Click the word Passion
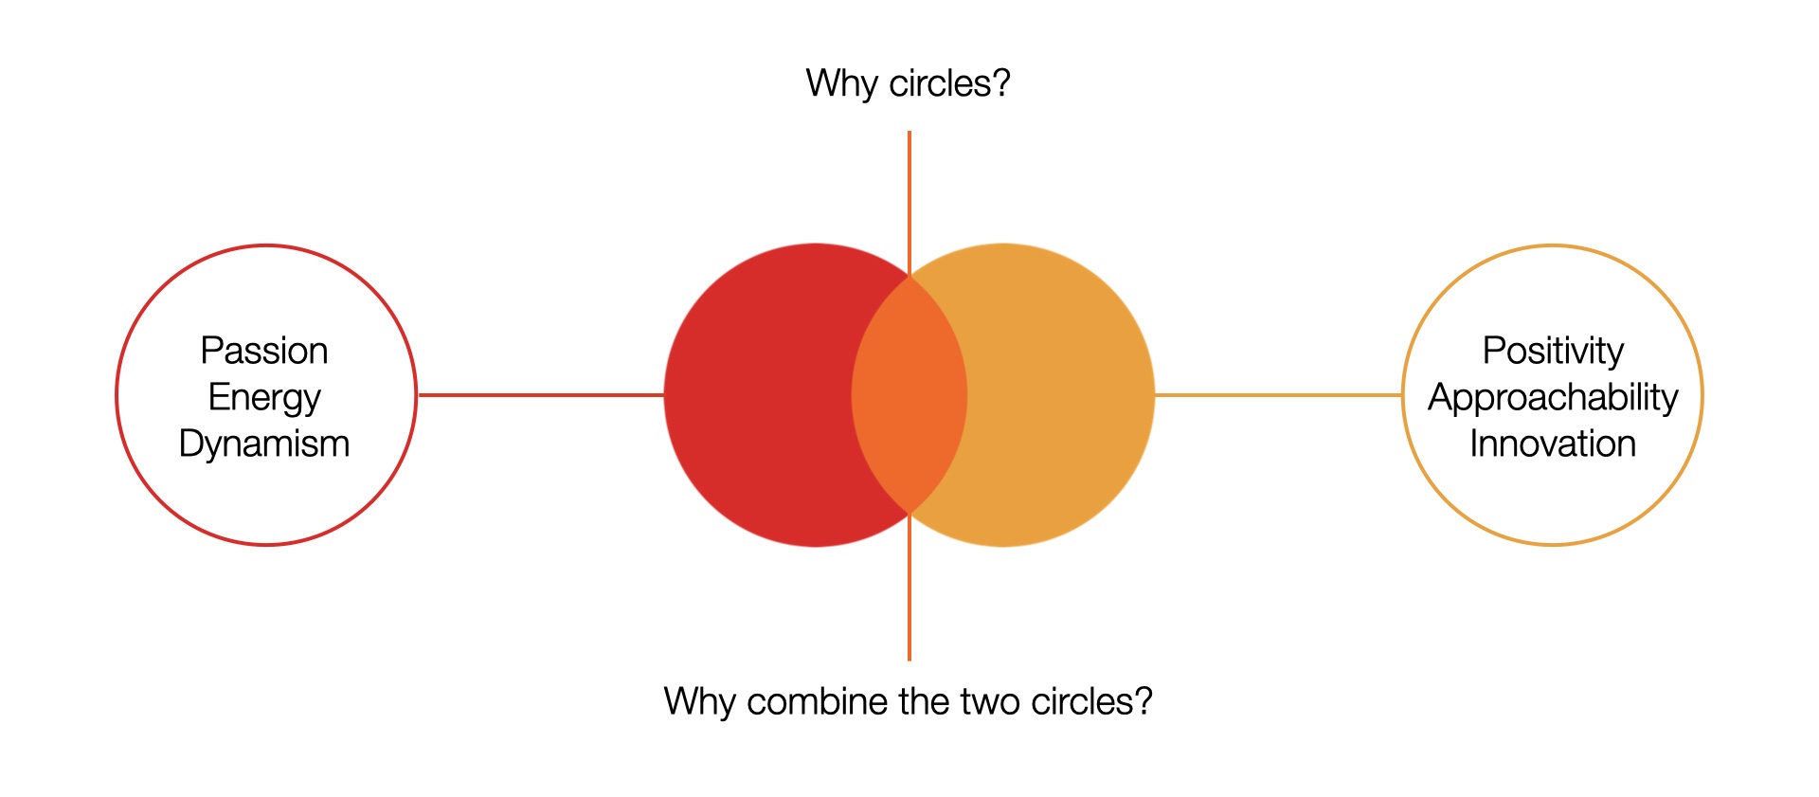[x=264, y=351]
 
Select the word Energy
[x=264, y=397]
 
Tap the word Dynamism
[x=264, y=444]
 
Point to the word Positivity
[x=1553, y=351]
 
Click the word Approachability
[x=1553, y=397]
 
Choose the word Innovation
[x=1553, y=444]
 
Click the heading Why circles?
[x=908, y=83]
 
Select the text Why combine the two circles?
[x=908, y=701]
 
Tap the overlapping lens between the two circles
[x=909, y=395]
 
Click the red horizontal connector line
[x=540, y=395]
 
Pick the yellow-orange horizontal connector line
[x=1277, y=395]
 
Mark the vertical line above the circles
[x=909, y=199]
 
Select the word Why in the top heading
[x=842, y=83]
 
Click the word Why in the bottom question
[x=699, y=701]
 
